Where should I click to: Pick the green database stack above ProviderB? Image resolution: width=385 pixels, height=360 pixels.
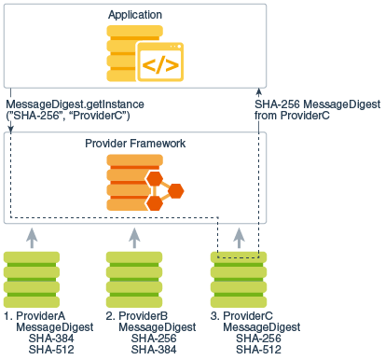coord(136,275)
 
